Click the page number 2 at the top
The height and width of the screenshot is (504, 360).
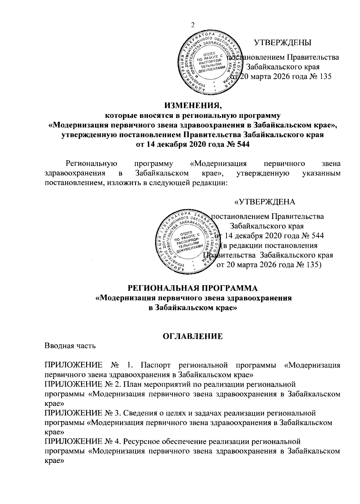pyautogui.click(x=193, y=25)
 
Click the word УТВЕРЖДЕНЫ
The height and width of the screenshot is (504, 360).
pyautogui.click(x=283, y=42)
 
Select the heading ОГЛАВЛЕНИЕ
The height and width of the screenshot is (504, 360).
pyautogui.click(x=193, y=336)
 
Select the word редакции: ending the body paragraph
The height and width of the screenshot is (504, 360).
pyautogui.click(x=210, y=183)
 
